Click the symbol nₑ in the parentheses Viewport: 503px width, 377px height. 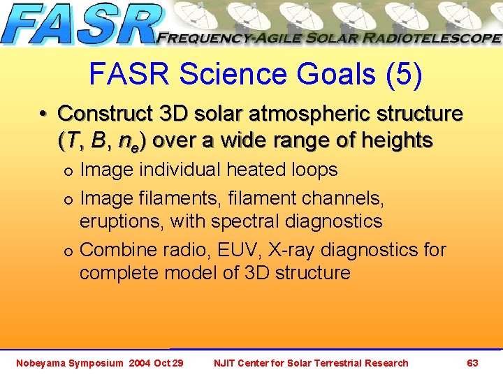[127, 142]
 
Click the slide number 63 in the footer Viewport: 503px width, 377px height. [472, 362]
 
